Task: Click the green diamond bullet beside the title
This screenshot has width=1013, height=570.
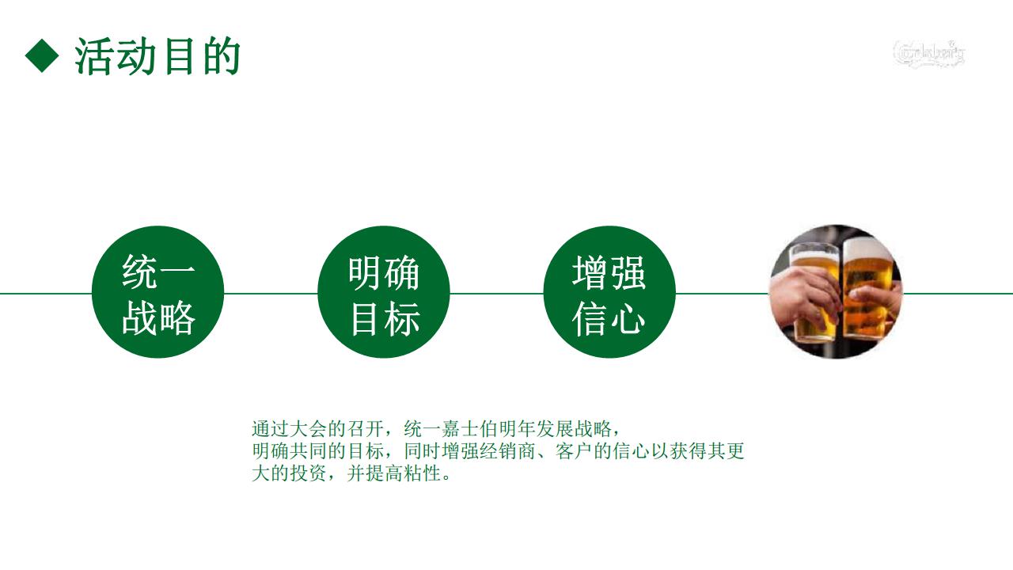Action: click(42, 55)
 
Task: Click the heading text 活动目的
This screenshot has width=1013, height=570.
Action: click(157, 56)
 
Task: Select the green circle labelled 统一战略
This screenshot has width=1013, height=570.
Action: click(157, 292)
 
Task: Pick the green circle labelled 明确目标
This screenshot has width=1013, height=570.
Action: click(384, 292)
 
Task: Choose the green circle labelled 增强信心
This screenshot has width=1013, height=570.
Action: click(609, 292)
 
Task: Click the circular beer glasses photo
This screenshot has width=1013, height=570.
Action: click(836, 292)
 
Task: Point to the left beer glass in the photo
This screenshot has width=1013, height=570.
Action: click(813, 292)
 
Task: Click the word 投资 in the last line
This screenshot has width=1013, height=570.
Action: click(309, 473)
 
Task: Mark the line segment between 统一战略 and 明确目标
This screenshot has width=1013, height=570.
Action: click(271, 293)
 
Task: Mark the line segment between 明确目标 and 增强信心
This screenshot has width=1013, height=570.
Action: click(496, 293)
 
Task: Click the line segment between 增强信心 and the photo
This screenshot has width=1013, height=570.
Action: click(723, 293)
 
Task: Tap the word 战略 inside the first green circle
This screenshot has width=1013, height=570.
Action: click(158, 317)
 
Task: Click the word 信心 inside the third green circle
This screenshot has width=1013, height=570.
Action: click(609, 317)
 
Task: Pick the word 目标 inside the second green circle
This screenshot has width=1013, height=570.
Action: click(385, 318)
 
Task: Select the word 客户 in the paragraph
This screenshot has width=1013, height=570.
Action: click(574, 450)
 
